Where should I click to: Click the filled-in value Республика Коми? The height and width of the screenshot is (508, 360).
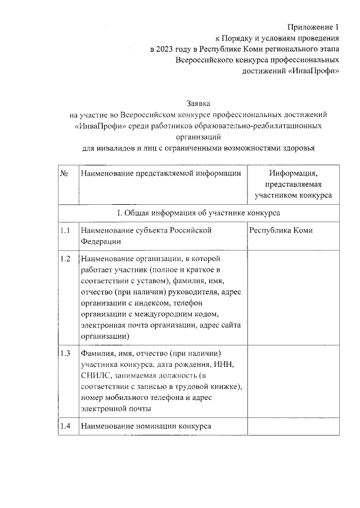pyautogui.click(x=281, y=231)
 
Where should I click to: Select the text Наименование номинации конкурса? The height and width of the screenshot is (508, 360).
pyautogui.click(x=146, y=426)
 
